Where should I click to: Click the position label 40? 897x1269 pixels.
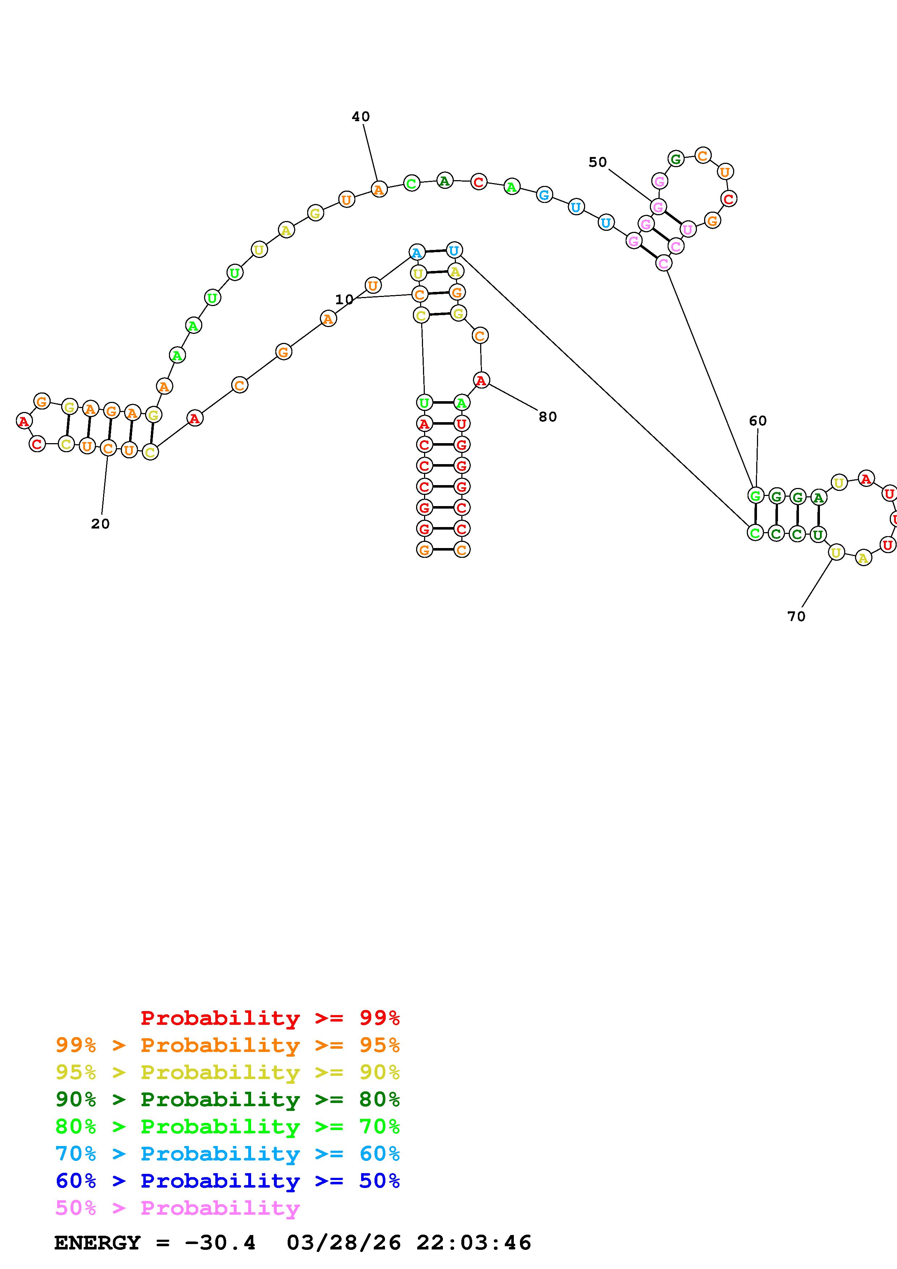point(360,116)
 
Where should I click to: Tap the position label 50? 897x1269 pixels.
point(597,162)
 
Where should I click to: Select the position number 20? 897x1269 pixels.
point(100,524)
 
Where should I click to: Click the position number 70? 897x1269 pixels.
point(796,617)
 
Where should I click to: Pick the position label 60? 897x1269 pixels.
point(757,421)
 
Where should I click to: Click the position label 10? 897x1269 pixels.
point(344,300)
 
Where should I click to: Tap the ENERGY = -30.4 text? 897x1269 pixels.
point(155,1243)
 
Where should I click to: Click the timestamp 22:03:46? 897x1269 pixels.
point(474,1243)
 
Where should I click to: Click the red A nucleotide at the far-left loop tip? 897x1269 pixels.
point(23,422)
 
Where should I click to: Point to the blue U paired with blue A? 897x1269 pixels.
point(454,250)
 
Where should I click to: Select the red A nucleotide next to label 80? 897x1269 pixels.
point(481,380)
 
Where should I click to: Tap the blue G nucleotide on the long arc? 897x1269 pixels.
point(545,195)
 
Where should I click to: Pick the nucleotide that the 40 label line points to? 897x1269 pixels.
point(378,190)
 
